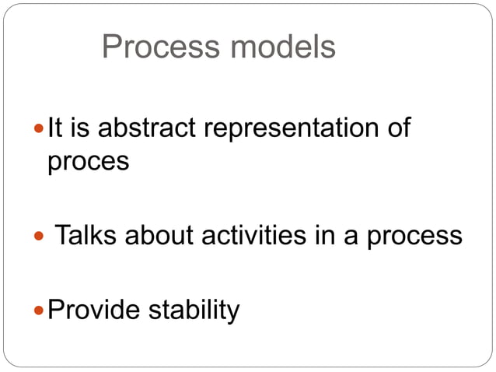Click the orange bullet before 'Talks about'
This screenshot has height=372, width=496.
(x=40, y=235)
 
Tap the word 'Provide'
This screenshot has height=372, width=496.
(x=93, y=311)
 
